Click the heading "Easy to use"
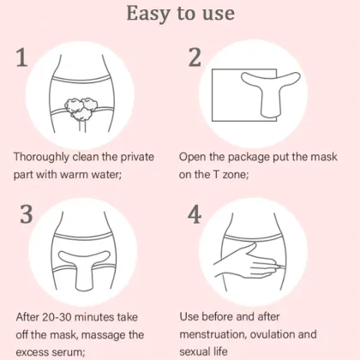click(180, 15)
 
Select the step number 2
click(195, 57)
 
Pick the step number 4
click(195, 214)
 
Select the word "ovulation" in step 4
click(289, 334)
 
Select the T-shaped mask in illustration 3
click(87, 270)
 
